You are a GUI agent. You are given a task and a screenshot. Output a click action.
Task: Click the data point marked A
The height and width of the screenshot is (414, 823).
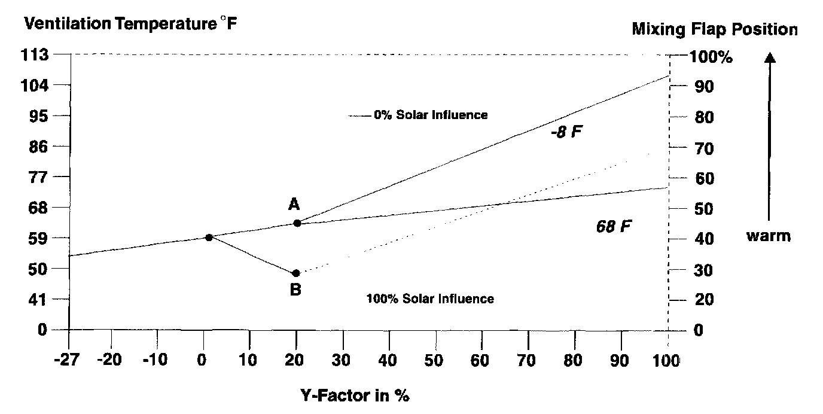click(x=297, y=223)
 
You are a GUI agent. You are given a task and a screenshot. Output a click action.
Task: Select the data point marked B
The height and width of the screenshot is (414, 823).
click(x=295, y=273)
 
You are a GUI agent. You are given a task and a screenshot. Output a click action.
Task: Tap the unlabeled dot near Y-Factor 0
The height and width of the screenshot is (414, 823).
click(x=209, y=238)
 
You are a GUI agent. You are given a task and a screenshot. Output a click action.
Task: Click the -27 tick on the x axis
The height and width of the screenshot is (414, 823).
click(x=67, y=361)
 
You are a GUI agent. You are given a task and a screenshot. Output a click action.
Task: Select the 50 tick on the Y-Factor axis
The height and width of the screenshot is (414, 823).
click(x=435, y=361)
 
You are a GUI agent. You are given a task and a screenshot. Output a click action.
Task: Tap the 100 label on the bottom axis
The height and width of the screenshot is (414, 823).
click(x=667, y=361)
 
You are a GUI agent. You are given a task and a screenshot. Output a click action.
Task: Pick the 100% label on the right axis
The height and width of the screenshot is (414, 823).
click(x=712, y=58)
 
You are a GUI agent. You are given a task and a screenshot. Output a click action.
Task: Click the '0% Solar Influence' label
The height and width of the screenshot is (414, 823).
click(x=431, y=115)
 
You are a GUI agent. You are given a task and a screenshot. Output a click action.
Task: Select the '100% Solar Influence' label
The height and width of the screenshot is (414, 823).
click(x=429, y=299)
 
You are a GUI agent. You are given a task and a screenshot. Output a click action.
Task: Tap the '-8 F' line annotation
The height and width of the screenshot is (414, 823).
click(x=566, y=132)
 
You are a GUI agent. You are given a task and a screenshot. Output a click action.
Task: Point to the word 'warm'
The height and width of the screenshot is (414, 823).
click(x=768, y=236)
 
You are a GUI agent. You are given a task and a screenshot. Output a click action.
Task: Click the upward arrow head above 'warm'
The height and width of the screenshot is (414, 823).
click(x=770, y=58)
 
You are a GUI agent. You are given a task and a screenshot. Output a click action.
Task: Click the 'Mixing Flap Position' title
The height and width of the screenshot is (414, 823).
click(x=715, y=29)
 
